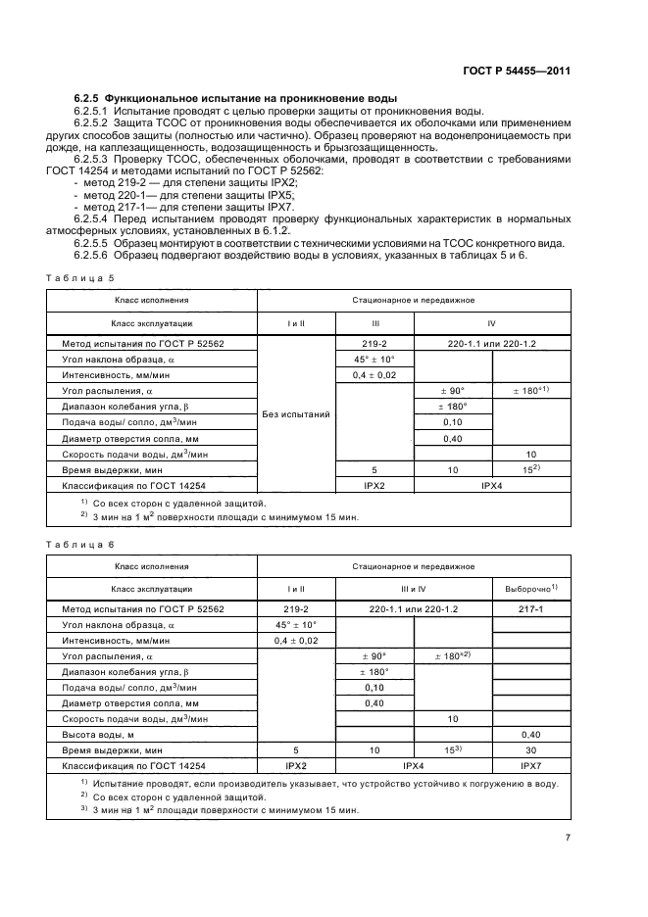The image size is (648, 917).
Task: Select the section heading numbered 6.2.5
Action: pyautogui.click(x=235, y=100)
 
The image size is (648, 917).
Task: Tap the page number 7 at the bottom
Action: pyautogui.click(x=568, y=837)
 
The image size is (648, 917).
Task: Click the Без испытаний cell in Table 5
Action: pyautogui.click(x=296, y=413)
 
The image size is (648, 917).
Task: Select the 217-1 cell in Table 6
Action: pyautogui.click(x=530, y=608)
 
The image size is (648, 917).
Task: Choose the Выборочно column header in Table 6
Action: pyautogui.click(x=530, y=588)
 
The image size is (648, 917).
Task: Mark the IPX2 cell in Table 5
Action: pyautogui.click(x=374, y=484)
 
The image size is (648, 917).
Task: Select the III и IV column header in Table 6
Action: pyautogui.click(x=413, y=588)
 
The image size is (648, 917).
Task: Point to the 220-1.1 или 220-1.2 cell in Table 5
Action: pyautogui.click(x=492, y=344)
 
